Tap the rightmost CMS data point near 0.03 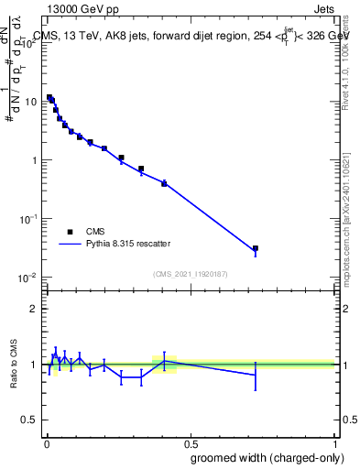click(x=256, y=248)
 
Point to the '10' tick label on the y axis click(x=32, y=102)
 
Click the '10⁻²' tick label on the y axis click(x=29, y=278)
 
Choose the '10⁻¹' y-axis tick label click(x=29, y=219)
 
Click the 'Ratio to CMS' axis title click(x=14, y=364)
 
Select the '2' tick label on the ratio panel click(x=34, y=309)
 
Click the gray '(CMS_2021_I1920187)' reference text click(x=191, y=273)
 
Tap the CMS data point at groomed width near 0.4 click(x=164, y=183)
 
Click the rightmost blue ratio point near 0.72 click(x=256, y=376)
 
